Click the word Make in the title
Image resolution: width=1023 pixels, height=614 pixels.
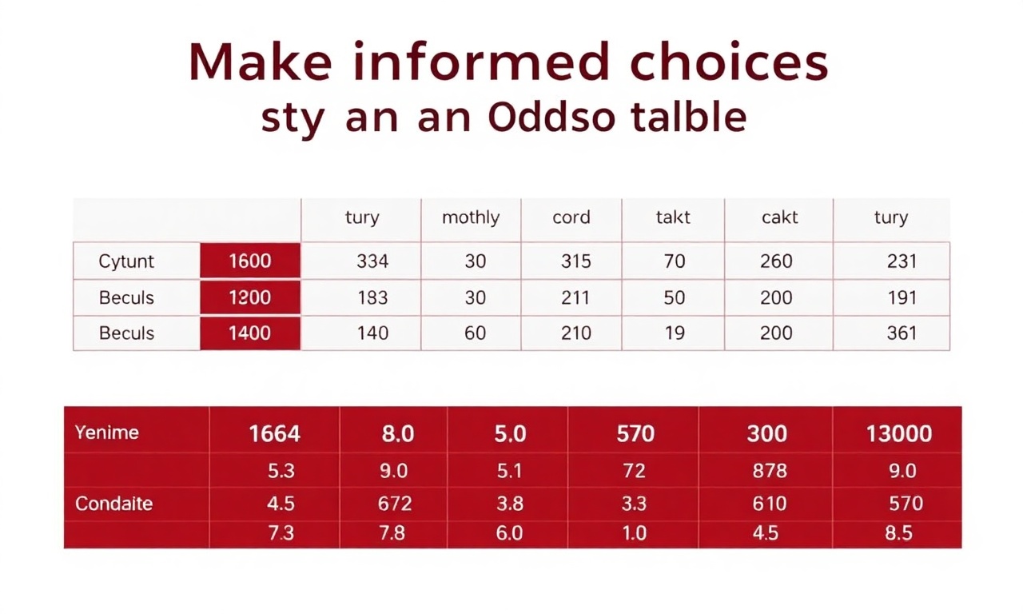261,62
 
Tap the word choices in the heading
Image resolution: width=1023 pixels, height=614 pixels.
728,62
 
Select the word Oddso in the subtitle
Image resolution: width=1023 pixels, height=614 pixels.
551,116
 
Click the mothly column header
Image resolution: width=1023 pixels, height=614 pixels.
471,217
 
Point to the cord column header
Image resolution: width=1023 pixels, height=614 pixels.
571,217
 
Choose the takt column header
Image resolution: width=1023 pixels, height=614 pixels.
673,217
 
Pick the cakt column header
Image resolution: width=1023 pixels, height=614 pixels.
779,217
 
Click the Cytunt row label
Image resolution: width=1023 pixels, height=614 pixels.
126,261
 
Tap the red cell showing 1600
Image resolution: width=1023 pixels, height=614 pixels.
250,261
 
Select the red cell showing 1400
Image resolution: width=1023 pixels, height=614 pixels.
250,333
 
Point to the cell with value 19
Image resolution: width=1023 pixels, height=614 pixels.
674,333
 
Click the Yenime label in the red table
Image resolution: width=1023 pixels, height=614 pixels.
106,433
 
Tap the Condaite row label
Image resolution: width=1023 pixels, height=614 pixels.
113,504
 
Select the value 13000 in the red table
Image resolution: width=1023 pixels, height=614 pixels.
899,433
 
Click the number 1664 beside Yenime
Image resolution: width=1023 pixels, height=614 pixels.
274,433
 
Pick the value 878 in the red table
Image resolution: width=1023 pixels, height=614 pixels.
770,471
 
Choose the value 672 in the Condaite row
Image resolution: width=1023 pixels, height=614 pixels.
395,504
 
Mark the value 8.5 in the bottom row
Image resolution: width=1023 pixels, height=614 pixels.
898,533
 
